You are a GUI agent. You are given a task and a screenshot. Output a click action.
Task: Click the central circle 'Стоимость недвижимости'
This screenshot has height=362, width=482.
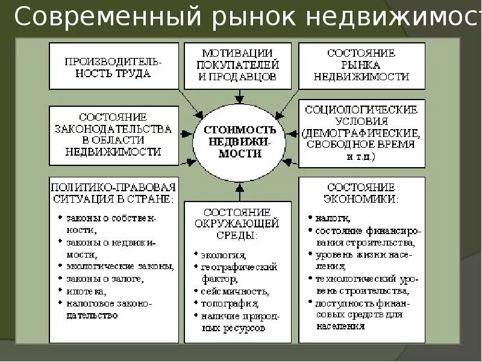point(240,142)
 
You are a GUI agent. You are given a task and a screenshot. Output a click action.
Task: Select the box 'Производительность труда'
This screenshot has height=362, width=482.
point(114,66)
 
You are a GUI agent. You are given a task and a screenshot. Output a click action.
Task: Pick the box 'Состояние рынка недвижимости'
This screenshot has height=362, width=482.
point(361,65)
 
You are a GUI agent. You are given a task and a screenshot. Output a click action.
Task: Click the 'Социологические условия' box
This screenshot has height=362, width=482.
point(361,133)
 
